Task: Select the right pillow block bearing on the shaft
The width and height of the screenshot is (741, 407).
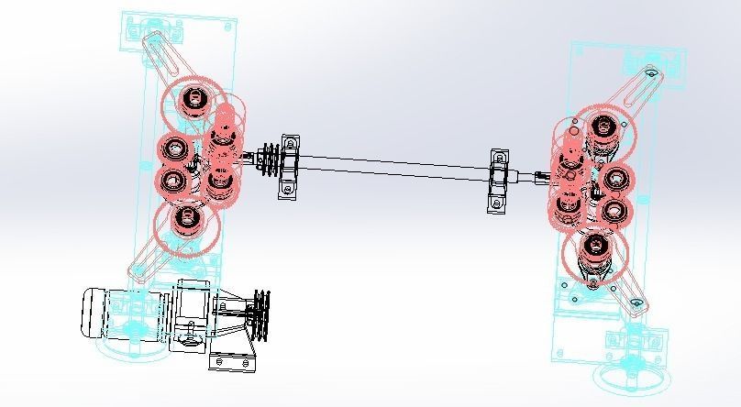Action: (x=499, y=178)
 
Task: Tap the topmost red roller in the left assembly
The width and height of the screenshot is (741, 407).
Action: (x=192, y=99)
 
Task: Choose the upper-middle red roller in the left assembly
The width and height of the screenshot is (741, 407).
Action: (x=174, y=147)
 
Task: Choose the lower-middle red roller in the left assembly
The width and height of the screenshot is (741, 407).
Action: (x=173, y=181)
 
